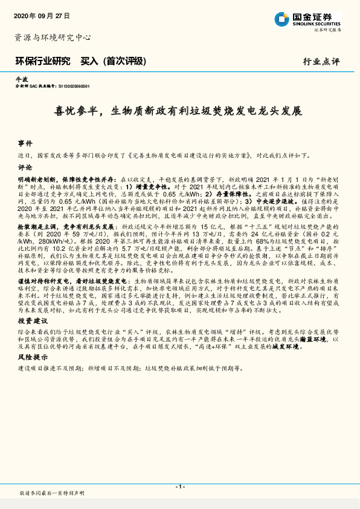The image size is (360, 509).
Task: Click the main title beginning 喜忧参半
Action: (180, 111)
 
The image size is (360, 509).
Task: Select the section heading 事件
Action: (24, 144)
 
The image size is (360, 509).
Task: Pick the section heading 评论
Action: (24, 167)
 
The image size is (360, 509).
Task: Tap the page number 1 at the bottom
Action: (180, 487)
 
